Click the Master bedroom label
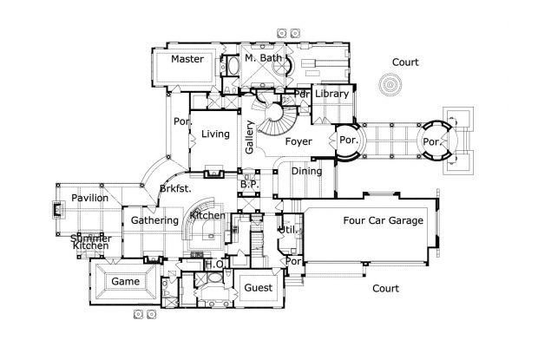[187, 59]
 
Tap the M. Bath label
[261, 59]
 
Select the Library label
[331, 94]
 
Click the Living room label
[215, 134]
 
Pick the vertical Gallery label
[250, 136]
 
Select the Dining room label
[306, 171]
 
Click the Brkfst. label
[175, 188]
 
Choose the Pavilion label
[89, 198]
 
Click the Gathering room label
[154, 220]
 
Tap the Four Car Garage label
[383, 220]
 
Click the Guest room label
[258, 287]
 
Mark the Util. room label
[286, 230]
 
